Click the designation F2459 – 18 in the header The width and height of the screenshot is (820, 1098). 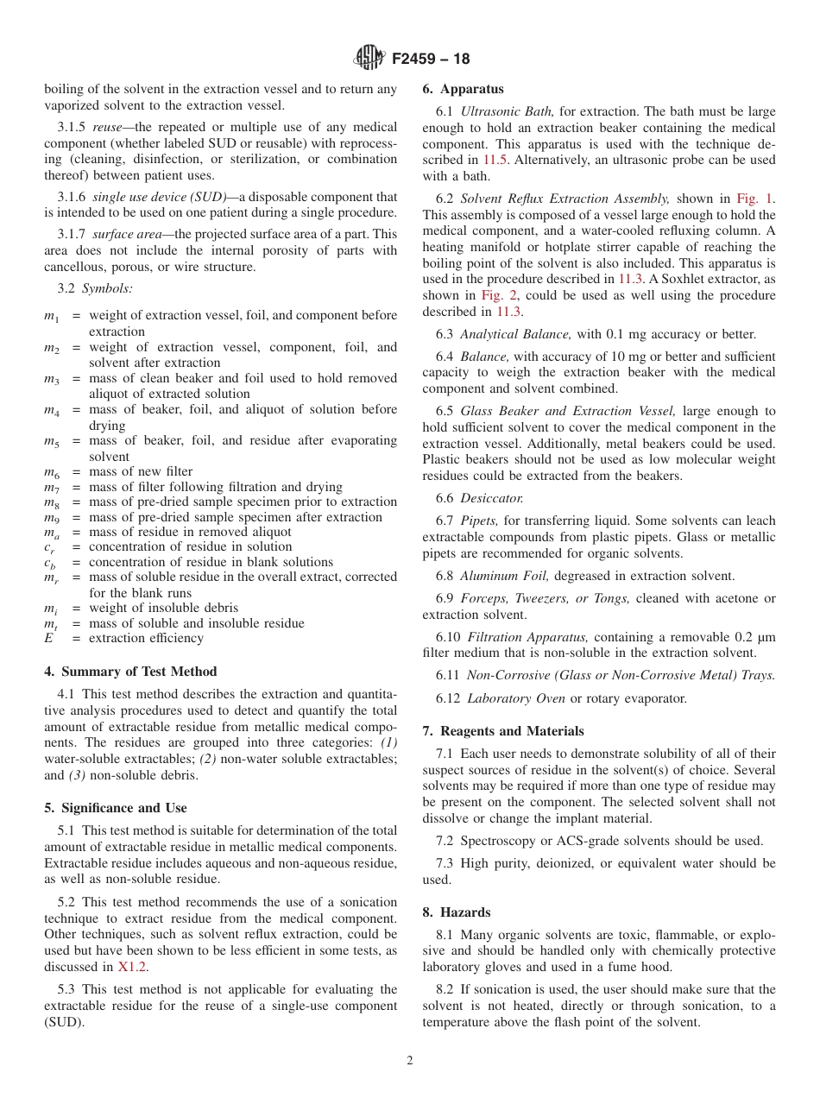pos(431,59)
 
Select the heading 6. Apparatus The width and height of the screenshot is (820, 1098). pos(463,89)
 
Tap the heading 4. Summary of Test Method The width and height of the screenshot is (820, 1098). pos(130,672)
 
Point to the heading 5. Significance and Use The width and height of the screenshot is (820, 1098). pos(116,808)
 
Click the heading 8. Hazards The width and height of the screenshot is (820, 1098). pos(456,912)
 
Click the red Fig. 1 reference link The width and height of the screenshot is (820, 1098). pos(755,199)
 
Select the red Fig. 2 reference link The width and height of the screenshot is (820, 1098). pos(496,295)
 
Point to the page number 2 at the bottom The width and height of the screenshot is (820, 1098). pos(410,1061)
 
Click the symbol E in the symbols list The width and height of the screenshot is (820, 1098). pos(48,639)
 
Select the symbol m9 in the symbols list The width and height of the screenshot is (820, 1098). pos(51,518)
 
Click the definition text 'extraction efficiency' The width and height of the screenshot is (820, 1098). pos(146,639)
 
